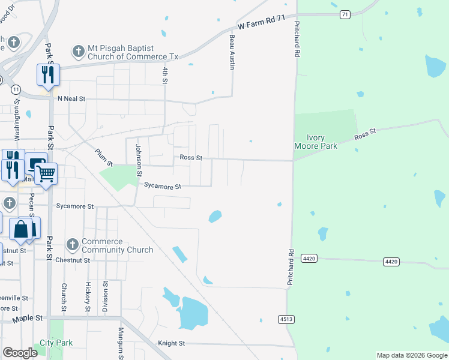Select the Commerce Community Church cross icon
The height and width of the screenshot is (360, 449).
(x=73, y=245)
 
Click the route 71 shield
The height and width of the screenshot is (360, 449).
(x=344, y=14)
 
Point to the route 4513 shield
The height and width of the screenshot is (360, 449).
(x=286, y=319)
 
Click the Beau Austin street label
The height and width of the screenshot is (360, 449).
(x=232, y=51)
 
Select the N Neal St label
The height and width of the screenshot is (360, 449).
(x=71, y=98)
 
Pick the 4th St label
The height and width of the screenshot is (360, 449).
(x=164, y=74)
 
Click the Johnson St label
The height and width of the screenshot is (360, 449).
(x=138, y=160)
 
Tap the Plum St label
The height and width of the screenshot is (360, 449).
(x=104, y=157)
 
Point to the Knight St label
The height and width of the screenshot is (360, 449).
(x=171, y=343)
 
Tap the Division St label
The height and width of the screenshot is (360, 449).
(x=105, y=293)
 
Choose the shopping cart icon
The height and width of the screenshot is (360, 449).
(x=46, y=174)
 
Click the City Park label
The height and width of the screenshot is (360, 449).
(x=56, y=343)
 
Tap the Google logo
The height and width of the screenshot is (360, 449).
(x=20, y=353)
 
